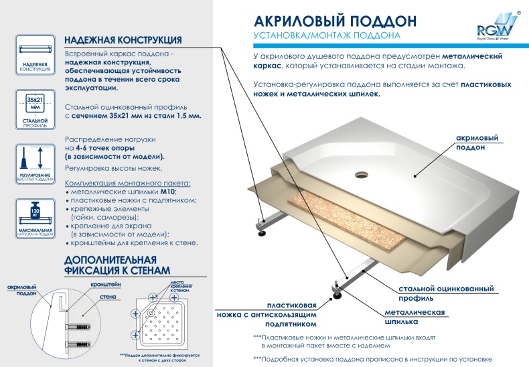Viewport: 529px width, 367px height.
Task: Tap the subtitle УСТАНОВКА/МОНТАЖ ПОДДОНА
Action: pyautogui.click(x=327, y=35)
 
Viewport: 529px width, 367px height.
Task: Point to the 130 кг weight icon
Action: pyautogui.click(x=33, y=213)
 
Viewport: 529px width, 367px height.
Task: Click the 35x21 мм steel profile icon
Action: pyautogui.click(x=33, y=104)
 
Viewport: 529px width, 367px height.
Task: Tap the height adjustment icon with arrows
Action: pyautogui.click(x=33, y=159)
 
